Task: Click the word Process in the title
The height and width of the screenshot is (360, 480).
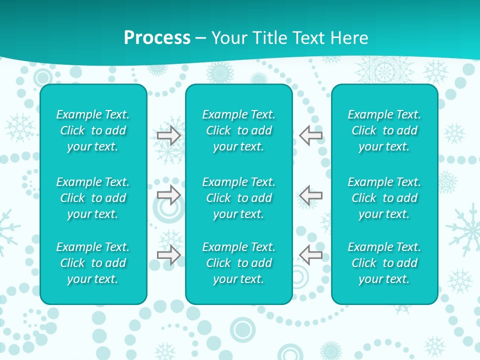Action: [157, 38]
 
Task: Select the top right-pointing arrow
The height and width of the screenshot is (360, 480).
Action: [169, 135]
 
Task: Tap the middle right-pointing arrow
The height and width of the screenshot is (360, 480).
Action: [169, 194]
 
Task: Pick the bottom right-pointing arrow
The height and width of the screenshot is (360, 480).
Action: [169, 255]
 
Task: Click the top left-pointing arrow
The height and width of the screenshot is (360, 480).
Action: [310, 135]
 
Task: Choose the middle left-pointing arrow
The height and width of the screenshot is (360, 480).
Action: [310, 194]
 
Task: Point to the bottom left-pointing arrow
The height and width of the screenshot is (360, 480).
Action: [310, 255]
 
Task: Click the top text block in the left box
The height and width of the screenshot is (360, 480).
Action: [93, 130]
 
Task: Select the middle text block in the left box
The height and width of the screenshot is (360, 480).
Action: [93, 198]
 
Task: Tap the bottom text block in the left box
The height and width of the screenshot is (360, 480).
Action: [93, 263]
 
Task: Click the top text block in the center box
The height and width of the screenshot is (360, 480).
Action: [238, 130]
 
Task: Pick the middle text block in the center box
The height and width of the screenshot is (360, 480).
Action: [238, 198]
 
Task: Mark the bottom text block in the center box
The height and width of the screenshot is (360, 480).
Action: [238, 263]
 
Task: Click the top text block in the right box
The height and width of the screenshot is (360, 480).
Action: [384, 130]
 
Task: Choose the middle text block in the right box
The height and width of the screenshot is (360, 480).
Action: [384, 198]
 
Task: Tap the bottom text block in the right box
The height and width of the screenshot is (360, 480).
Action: [384, 263]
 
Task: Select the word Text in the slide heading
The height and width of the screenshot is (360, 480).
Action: [306, 38]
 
